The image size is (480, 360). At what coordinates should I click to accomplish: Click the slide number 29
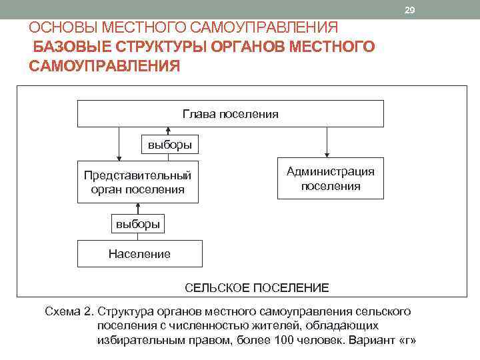(409, 9)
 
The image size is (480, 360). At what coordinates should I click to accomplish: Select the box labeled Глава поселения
(231, 114)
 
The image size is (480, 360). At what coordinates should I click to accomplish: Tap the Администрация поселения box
(331, 179)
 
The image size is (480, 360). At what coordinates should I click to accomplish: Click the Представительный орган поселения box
(138, 181)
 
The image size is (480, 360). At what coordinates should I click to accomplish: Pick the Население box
(139, 253)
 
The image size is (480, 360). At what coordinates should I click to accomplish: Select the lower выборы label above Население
(138, 224)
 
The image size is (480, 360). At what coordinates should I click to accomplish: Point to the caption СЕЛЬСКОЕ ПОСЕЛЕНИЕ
(257, 288)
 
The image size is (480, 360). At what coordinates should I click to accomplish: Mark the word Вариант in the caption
(371, 339)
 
